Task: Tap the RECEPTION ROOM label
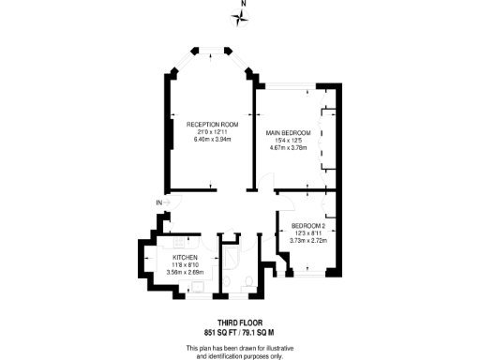pos(212,125)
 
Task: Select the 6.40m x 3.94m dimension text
pos(212,139)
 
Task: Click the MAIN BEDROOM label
pos(288,132)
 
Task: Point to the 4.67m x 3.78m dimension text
pos(288,146)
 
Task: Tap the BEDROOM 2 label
pos(307,227)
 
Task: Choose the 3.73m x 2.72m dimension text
pos(309,241)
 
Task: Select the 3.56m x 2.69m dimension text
pos(185,272)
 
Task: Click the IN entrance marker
pos(159,202)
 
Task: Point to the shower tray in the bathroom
pos(230,252)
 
